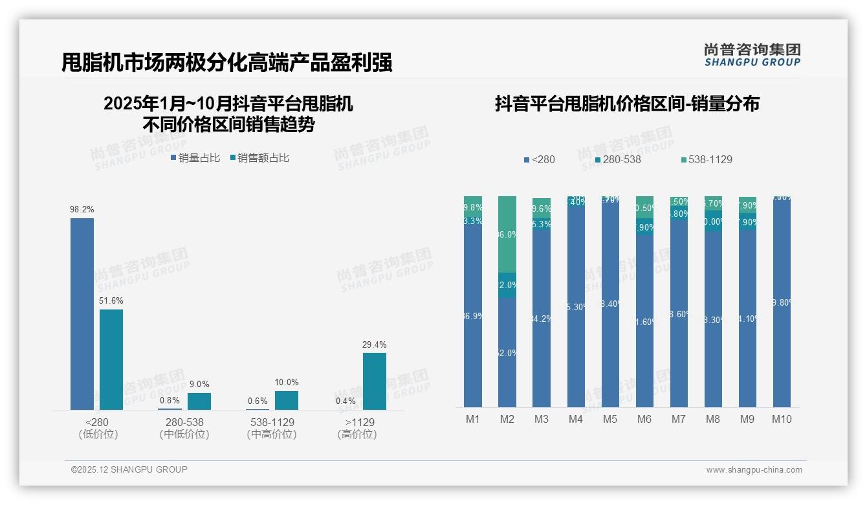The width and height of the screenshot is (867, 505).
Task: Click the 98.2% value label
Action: (82, 209)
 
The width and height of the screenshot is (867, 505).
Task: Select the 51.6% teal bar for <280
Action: (111, 359)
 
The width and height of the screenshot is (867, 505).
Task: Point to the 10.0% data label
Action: (287, 382)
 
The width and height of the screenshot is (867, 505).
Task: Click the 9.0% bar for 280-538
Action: (199, 401)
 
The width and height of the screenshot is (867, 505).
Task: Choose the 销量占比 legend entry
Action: (195, 157)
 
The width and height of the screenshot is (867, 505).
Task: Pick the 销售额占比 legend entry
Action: (260, 157)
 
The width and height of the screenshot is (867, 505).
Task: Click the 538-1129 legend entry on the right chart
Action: (707, 159)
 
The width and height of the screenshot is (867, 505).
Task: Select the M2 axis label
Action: (507, 419)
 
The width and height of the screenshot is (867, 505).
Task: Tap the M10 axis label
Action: (782, 419)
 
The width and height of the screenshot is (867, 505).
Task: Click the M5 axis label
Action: (610, 419)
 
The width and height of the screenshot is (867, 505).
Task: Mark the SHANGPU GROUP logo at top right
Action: (752, 54)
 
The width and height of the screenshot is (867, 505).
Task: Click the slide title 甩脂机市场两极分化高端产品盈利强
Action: (226, 63)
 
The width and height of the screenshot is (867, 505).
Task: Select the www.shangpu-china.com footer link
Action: (754, 469)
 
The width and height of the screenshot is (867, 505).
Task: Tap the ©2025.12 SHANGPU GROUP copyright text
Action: (129, 469)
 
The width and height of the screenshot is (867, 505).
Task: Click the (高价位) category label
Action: (357, 434)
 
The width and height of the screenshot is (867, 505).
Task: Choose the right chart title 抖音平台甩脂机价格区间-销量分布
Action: (626, 104)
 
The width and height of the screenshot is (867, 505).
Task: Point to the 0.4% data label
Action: (346, 401)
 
